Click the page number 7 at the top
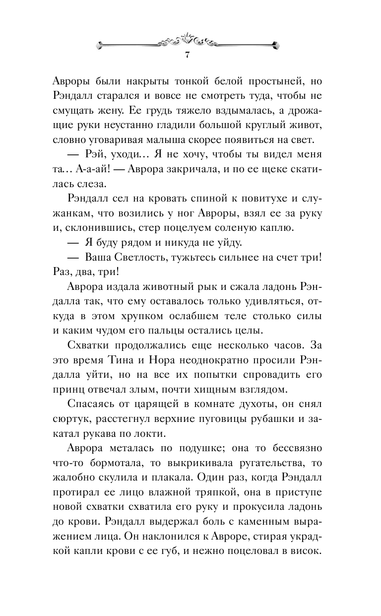187,55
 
